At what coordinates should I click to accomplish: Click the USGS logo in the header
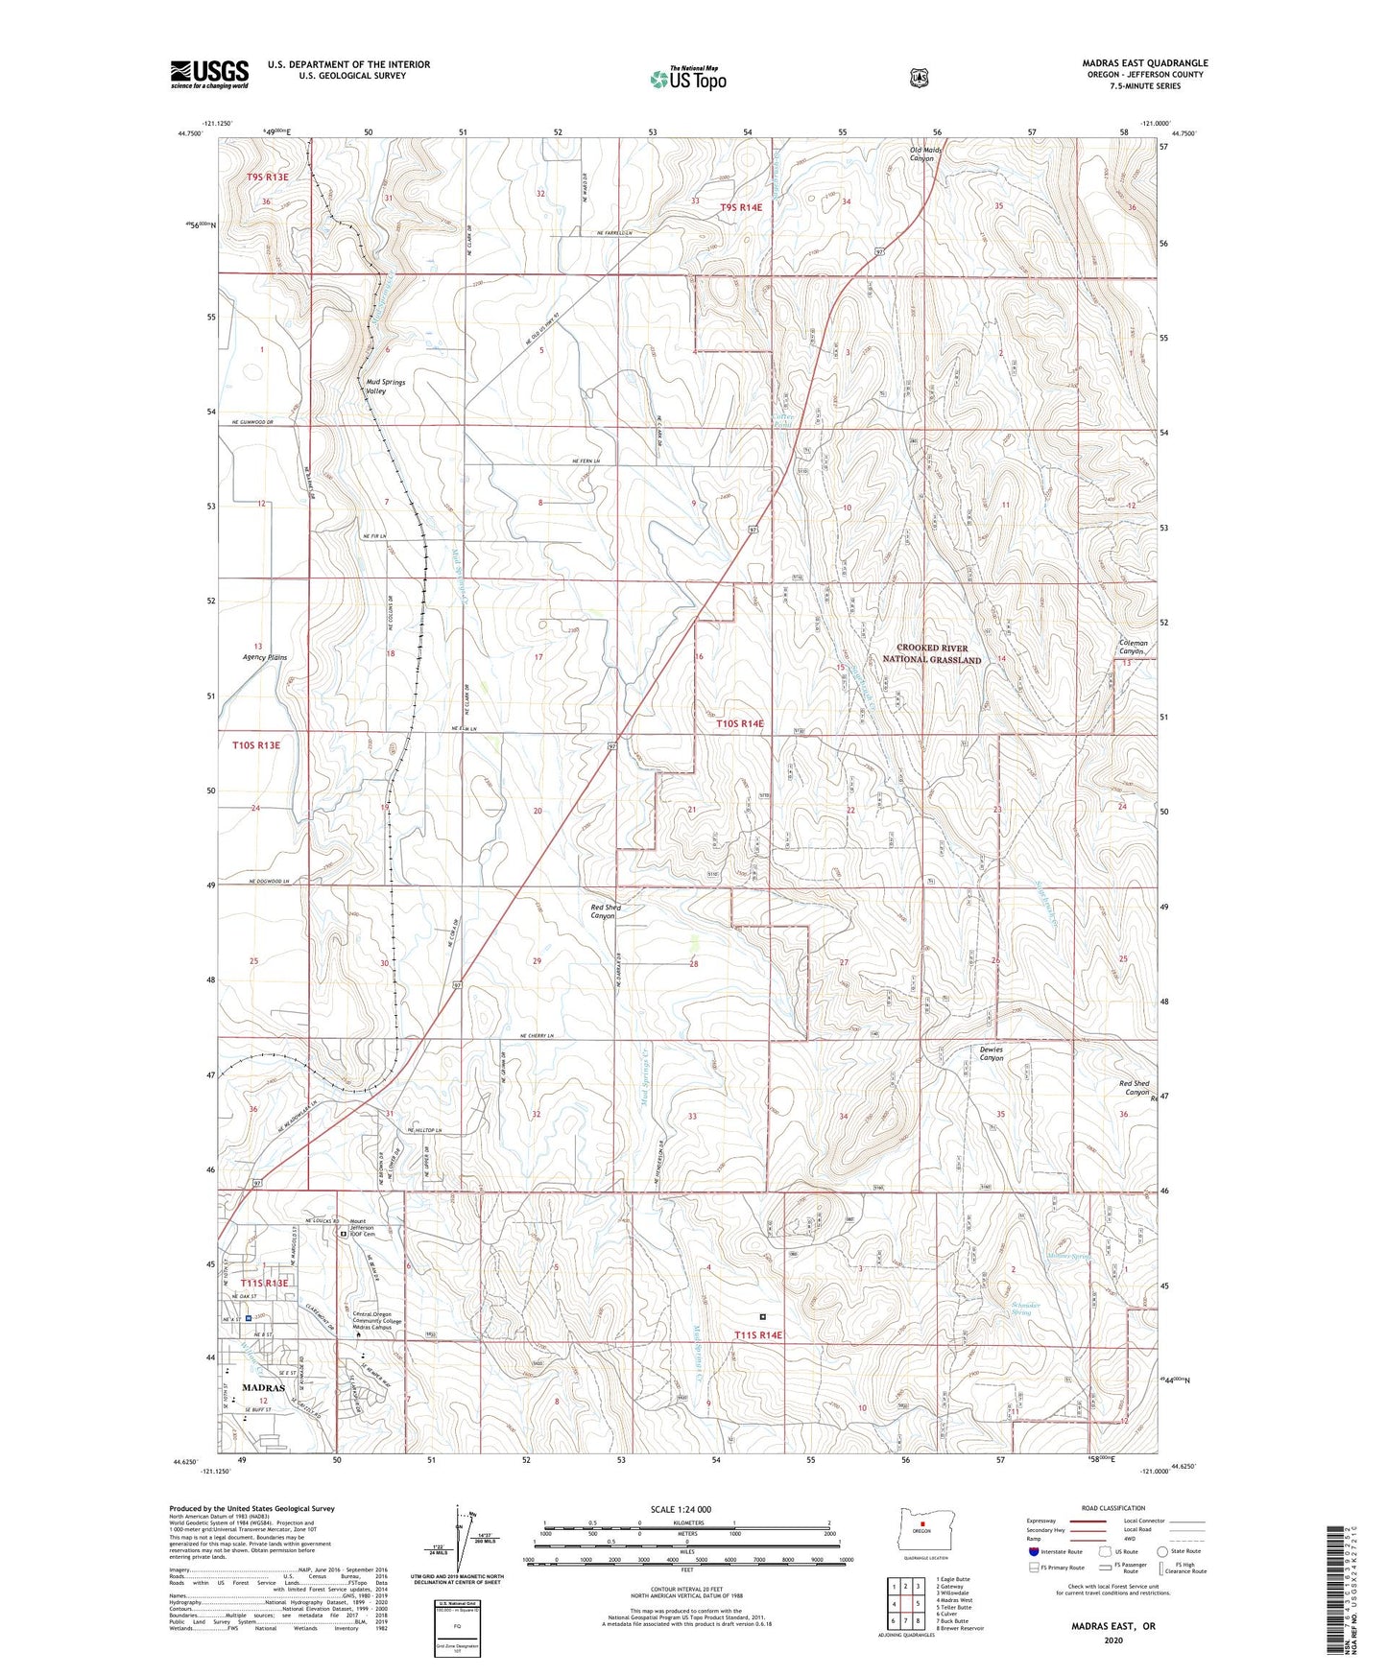(209, 74)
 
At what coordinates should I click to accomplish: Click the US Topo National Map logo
(687, 79)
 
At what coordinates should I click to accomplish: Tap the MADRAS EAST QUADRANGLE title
(1144, 63)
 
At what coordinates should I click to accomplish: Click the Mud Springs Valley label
(385, 387)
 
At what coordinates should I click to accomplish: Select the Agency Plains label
(264, 658)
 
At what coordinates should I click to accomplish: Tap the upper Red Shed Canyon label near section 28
(605, 911)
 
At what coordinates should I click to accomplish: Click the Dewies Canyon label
(991, 1053)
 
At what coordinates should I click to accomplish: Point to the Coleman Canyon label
(1133, 648)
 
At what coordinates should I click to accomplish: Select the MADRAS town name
(263, 1388)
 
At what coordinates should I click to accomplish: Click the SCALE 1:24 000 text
(681, 1509)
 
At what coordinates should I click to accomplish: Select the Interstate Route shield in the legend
(1033, 1551)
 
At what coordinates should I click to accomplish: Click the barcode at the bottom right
(1334, 1589)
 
